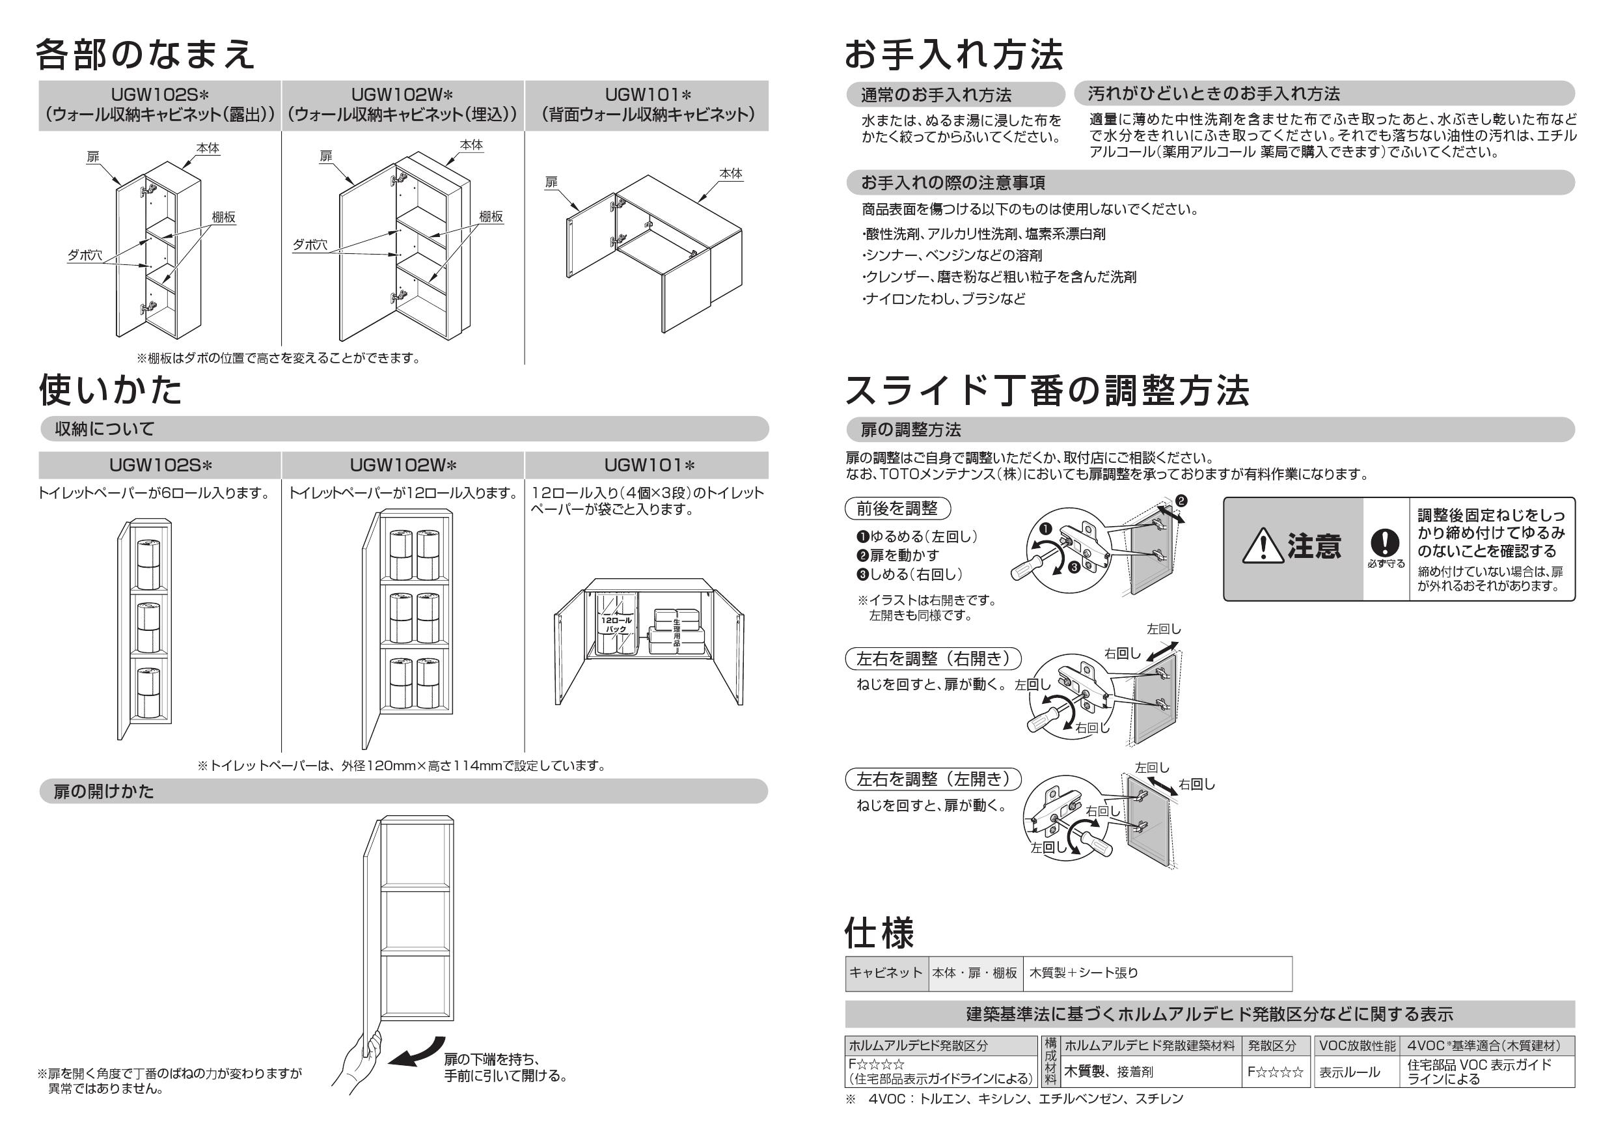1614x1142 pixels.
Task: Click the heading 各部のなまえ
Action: pos(145,54)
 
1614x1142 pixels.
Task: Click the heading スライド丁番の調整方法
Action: pos(1046,391)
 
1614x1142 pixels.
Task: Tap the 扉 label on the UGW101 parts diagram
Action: pos(551,182)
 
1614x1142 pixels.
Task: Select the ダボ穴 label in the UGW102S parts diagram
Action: pos(85,255)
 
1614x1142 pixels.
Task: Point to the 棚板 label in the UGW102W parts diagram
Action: pos(491,217)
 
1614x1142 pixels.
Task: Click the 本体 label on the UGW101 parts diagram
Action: pos(730,173)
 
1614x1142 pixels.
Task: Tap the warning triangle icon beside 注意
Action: pos(1263,547)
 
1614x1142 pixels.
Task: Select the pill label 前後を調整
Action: pos(896,508)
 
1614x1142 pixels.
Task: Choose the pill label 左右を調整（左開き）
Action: pos(932,779)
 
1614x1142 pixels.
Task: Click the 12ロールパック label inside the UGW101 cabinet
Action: pos(616,624)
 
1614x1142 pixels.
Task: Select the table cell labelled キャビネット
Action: pos(886,973)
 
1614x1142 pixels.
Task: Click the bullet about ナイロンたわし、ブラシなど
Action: pos(944,299)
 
